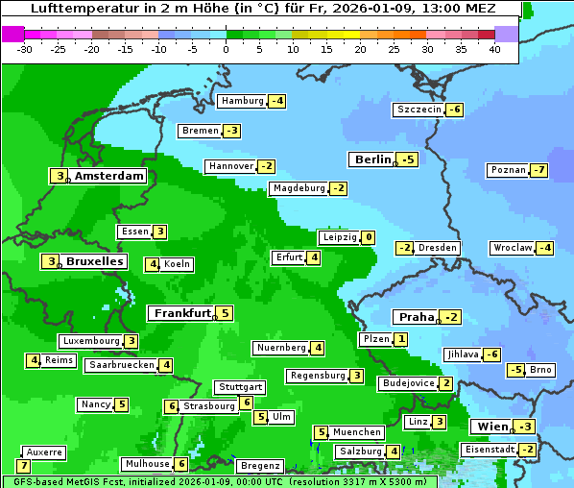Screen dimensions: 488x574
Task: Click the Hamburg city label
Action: click(x=242, y=101)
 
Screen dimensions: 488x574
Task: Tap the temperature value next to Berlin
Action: click(x=409, y=159)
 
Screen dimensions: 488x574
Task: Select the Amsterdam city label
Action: click(x=109, y=176)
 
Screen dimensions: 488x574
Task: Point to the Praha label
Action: click(x=416, y=317)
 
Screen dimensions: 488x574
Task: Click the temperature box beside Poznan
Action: click(x=540, y=171)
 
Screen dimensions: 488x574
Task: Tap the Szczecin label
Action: click(x=419, y=110)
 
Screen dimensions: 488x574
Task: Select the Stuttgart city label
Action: click(x=239, y=387)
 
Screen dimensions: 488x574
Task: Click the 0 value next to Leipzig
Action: click(x=369, y=237)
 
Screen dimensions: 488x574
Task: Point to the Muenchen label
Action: click(x=357, y=432)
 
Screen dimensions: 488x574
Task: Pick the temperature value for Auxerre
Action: click(x=24, y=466)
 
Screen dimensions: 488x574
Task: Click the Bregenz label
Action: click(x=259, y=466)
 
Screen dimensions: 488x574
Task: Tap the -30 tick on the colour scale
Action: click(x=26, y=48)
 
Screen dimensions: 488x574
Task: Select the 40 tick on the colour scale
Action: click(x=494, y=48)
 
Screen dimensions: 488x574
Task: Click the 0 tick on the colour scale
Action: click(x=227, y=48)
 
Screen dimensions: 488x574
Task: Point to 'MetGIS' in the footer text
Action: click(x=77, y=481)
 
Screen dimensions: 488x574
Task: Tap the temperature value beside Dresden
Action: click(x=405, y=248)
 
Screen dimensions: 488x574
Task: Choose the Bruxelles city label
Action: click(x=94, y=261)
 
